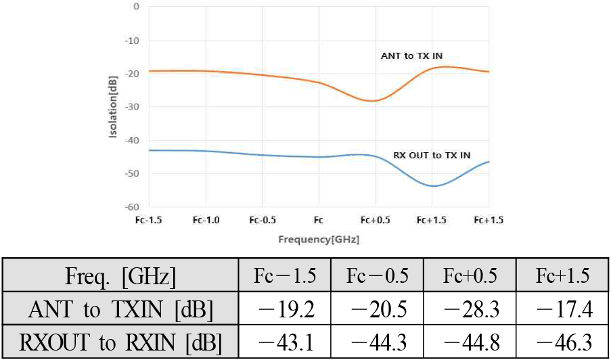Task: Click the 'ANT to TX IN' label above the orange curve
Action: tap(411, 56)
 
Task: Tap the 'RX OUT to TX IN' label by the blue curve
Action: tap(432, 156)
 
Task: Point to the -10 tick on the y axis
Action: tap(133, 41)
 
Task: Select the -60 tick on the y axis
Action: tap(133, 207)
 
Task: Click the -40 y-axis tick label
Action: tap(133, 140)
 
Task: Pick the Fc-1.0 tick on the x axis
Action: tap(206, 220)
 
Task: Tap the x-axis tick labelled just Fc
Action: tap(319, 220)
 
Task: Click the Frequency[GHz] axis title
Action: tap(319, 240)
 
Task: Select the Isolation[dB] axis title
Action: tap(114, 107)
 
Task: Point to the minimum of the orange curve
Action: tap(373, 101)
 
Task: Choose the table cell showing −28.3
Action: tap(470, 311)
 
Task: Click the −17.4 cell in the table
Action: tap(562, 311)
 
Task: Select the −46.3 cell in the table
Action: tap(562, 343)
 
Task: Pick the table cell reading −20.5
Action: tap(377, 311)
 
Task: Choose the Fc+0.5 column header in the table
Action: tap(470, 277)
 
